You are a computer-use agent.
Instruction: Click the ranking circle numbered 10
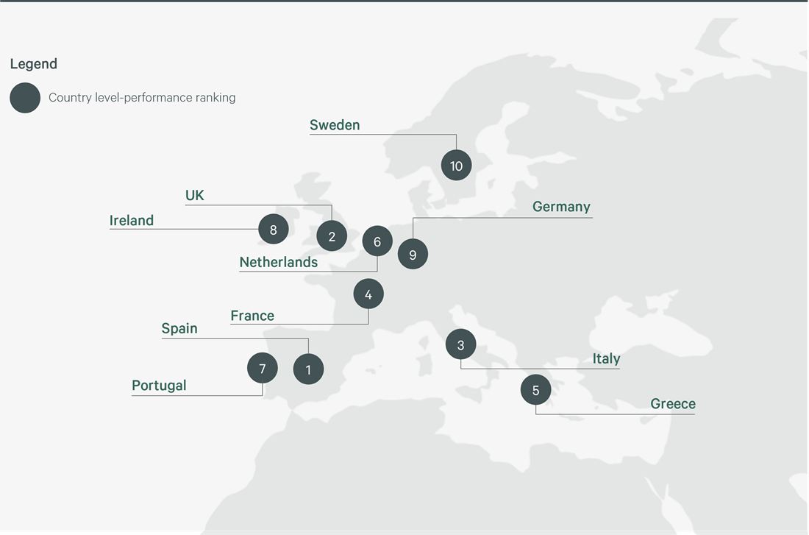tap(456, 166)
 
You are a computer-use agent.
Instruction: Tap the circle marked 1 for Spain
tap(308, 369)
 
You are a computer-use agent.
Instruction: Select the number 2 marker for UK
tap(332, 236)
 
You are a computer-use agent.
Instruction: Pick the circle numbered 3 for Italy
tap(460, 344)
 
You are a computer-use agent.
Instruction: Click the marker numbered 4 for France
tap(368, 294)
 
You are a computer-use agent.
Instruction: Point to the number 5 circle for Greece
tap(535, 390)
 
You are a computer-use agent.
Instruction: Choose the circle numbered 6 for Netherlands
tap(377, 241)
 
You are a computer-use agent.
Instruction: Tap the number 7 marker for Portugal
tap(263, 367)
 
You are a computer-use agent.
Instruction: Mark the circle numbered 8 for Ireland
tap(273, 230)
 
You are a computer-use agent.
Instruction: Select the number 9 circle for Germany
tap(413, 255)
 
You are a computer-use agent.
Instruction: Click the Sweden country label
tap(335, 125)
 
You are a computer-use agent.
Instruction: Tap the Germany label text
tap(561, 207)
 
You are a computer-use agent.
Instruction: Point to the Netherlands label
tap(279, 262)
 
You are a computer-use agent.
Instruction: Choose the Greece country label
tap(673, 403)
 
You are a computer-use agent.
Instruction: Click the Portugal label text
tap(159, 386)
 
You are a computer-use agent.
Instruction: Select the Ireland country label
tap(132, 220)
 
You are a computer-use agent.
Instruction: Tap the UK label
tap(195, 196)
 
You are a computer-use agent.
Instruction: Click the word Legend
tap(34, 64)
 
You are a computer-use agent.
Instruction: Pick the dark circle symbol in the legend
tap(25, 98)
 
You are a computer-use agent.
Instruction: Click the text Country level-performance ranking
tap(142, 97)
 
